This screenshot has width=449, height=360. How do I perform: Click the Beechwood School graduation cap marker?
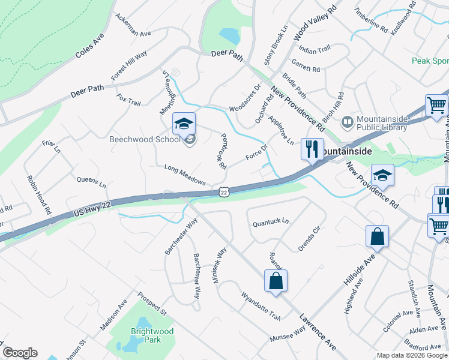(184, 124)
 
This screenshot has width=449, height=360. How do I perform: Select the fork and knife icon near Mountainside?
(312, 149)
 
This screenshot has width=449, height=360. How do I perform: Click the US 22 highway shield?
(224, 191)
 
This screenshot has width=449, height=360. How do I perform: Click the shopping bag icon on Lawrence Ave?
(276, 281)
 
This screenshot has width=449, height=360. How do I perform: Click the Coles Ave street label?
(89, 46)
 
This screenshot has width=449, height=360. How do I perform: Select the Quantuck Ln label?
(271, 221)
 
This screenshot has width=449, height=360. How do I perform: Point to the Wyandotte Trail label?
(261, 305)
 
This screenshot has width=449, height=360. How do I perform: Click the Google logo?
(20, 353)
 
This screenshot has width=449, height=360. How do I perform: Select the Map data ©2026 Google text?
(411, 355)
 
